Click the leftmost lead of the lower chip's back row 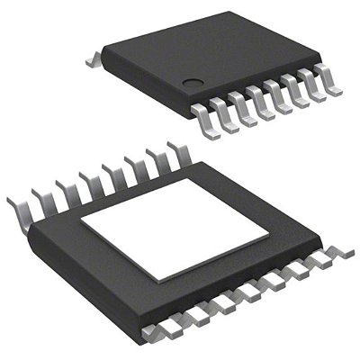pos(19,209)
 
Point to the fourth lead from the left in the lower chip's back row pos(88,185)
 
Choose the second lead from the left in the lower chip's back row pos(41,201)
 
